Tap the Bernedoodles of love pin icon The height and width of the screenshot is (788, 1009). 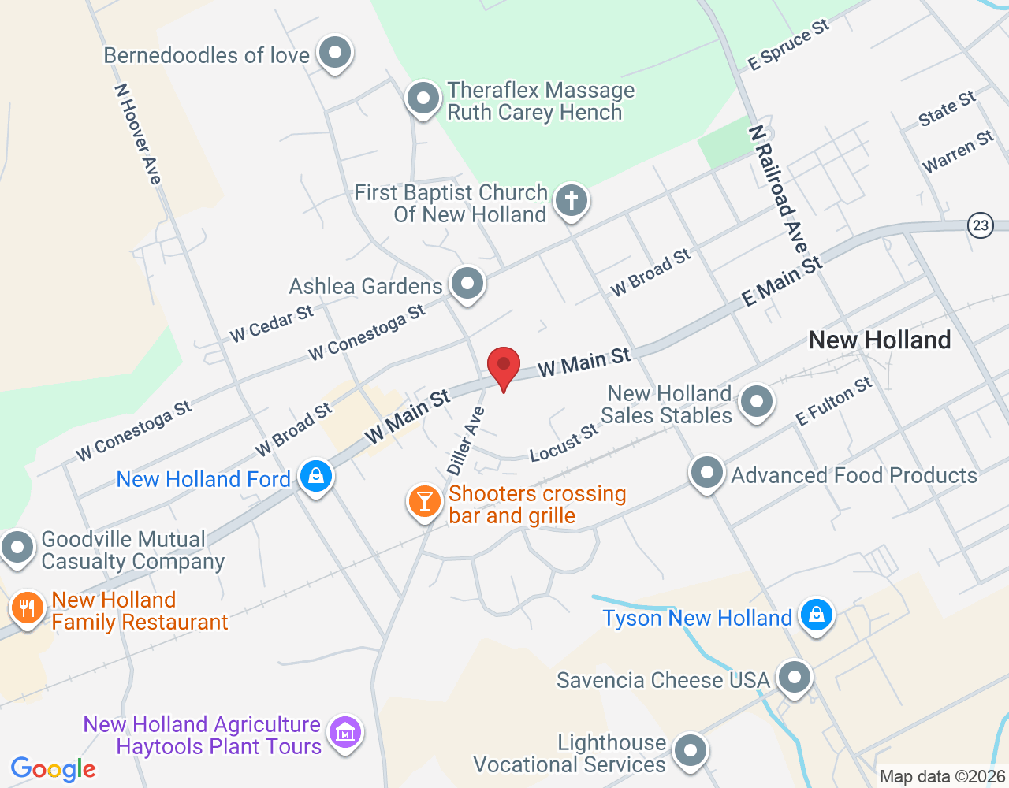[335, 54]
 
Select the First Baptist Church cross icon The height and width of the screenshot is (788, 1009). [572, 201]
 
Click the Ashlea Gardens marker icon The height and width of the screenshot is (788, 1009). [467, 283]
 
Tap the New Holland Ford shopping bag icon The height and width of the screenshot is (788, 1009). [316, 476]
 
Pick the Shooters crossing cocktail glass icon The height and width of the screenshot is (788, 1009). [425, 501]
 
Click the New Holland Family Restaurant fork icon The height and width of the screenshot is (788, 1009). [28, 608]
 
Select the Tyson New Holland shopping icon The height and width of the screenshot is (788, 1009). [816, 615]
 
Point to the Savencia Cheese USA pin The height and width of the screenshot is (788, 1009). [794, 677]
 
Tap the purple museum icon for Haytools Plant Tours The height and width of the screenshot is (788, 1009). [344, 732]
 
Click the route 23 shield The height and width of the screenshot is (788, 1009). [980, 225]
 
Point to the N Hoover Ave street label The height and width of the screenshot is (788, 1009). [139, 134]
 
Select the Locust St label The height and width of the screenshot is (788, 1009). [564, 443]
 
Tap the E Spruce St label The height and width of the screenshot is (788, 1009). [788, 45]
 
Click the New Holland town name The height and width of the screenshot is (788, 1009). [880, 340]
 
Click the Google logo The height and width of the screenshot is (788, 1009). [54, 769]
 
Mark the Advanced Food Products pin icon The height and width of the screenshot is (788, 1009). [706, 473]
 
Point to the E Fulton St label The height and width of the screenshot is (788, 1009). [834, 401]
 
